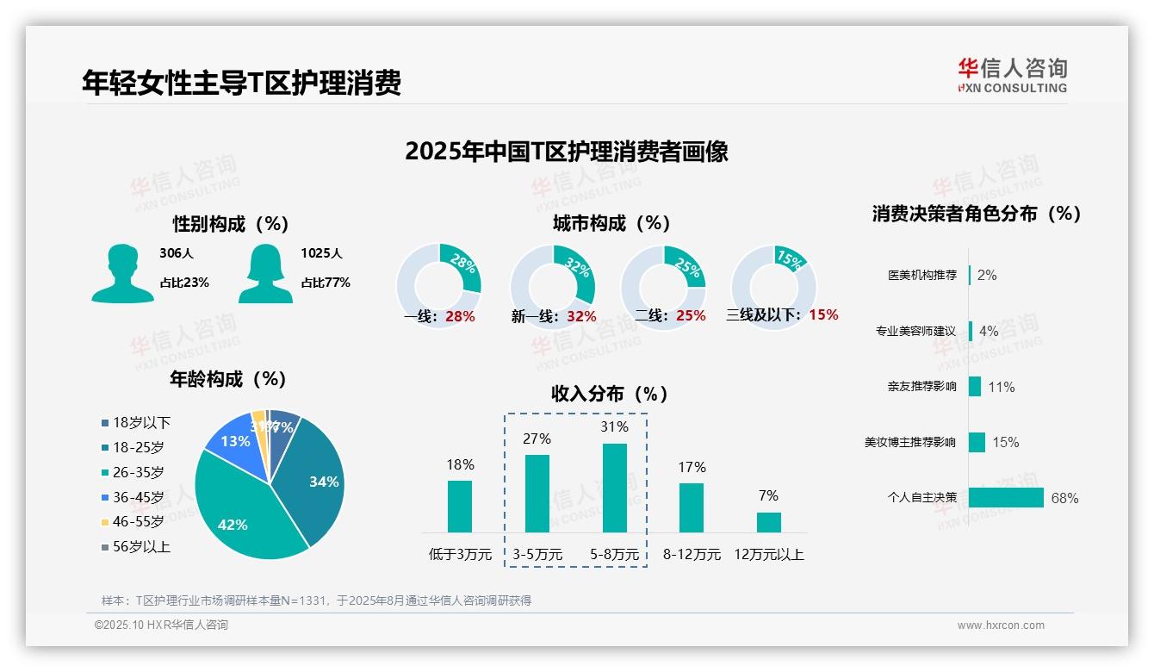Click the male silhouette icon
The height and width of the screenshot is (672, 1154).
(x=122, y=273)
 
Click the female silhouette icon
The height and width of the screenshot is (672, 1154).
(x=264, y=273)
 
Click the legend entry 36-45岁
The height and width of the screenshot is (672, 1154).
(x=138, y=497)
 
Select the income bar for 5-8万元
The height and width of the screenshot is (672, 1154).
(x=615, y=488)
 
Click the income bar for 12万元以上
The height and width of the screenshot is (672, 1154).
(x=769, y=522)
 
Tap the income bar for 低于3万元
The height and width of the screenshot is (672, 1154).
(x=460, y=507)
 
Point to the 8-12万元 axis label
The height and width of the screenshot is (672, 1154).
(x=692, y=555)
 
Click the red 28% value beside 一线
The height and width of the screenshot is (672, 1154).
(x=460, y=316)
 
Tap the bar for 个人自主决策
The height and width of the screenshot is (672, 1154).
(x=1006, y=498)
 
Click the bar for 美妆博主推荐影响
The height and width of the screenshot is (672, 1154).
(x=977, y=442)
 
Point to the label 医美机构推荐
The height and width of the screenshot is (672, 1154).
(x=921, y=276)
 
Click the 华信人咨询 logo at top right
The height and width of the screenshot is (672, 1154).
(x=1012, y=75)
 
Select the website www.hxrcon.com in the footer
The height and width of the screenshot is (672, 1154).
(x=1001, y=625)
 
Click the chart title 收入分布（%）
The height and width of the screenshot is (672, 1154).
(x=610, y=394)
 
